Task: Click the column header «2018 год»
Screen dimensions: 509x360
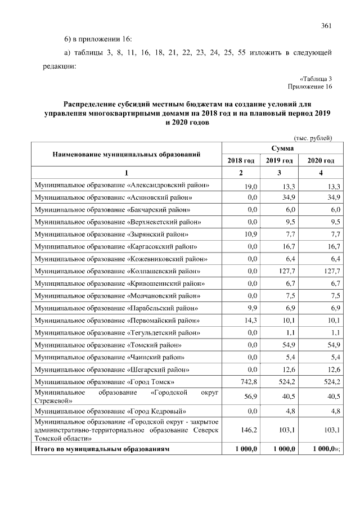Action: pyautogui.click(x=240, y=161)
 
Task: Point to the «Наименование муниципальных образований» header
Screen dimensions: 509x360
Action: pyautogui.click(x=127, y=154)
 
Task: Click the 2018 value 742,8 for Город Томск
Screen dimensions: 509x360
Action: pyautogui.click(x=248, y=382)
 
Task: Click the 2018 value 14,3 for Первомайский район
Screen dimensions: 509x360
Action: pyautogui.click(x=250, y=321)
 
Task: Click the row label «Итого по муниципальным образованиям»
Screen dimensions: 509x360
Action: pyautogui.click(x=102, y=449)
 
